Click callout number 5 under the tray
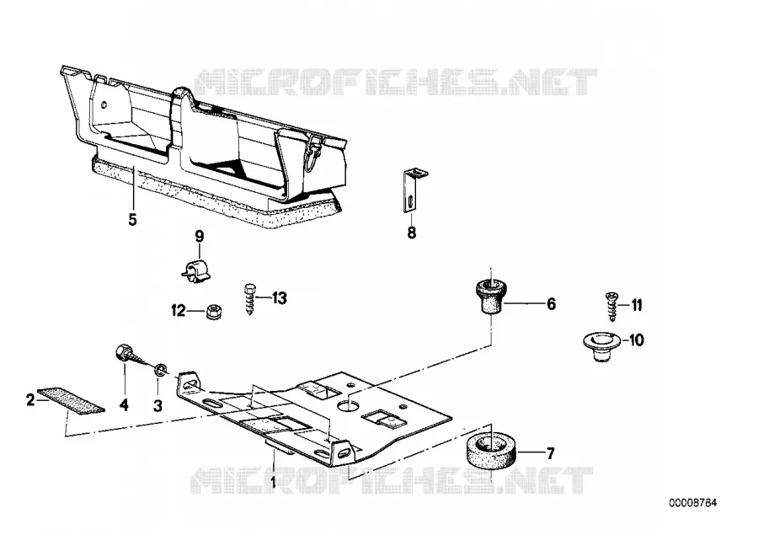[x=132, y=219]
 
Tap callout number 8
[x=411, y=233]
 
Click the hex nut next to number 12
[x=212, y=311]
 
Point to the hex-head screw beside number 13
[x=249, y=299]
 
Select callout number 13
[x=279, y=298]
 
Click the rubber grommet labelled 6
[x=490, y=296]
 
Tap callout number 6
[x=551, y=304]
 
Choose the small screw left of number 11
[x=612, y=306]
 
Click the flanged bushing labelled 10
[x=601, y=346]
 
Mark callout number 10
[x=636, y=340]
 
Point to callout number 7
[x=550, y=453]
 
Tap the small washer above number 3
[x=159, y=372]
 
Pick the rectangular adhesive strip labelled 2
[x=71, y=399]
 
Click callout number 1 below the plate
[x=273, y=482]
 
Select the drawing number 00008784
[x=693, y=503]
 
